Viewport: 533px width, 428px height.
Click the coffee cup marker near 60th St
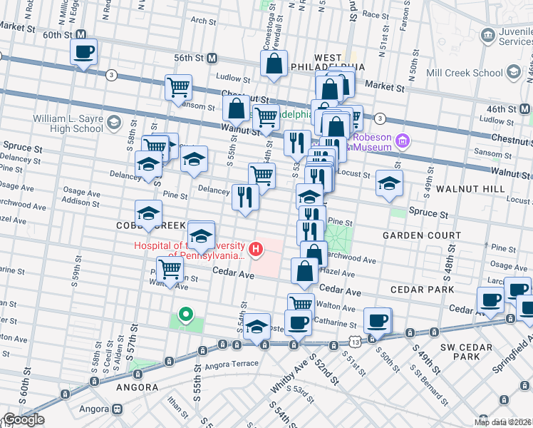point(83,51)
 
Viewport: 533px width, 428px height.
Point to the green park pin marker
point(185,315)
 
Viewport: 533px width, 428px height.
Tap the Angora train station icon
point(115,410)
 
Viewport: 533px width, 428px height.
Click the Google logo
point(23,420)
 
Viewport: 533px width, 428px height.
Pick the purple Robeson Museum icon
point(403,141)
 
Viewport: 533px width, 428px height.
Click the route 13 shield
point(355,342)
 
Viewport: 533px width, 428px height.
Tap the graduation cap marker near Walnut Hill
point(389,183)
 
